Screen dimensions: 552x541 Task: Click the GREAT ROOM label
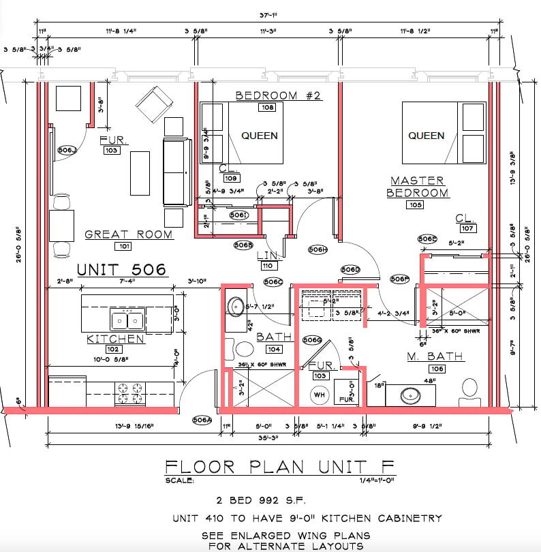(x=128, y=234)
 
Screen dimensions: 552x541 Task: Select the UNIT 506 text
(x=121, y=270)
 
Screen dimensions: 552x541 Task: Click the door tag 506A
(x=202, y=420)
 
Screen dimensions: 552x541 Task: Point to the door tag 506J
(x=67, y=150)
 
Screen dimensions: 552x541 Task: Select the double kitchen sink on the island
(x=127, y=318)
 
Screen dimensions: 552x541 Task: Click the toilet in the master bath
(x=469, y=389)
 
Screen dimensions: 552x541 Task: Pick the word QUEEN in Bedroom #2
(x=260, y=136)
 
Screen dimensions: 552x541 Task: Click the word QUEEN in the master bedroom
(x=426, y=136)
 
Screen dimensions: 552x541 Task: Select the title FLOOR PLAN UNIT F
(x=279, y=467)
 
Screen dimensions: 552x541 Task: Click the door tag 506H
(x=318, y=249)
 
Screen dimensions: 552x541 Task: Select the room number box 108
(x=266, y=108)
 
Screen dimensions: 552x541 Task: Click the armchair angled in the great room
(x=151, y=106)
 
